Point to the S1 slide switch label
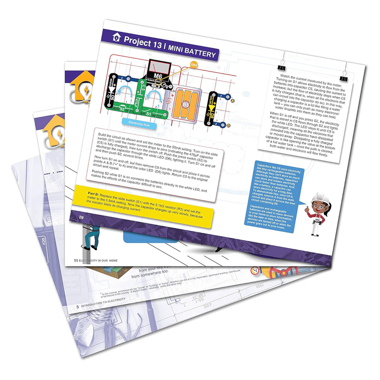click(x=148, y=114)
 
